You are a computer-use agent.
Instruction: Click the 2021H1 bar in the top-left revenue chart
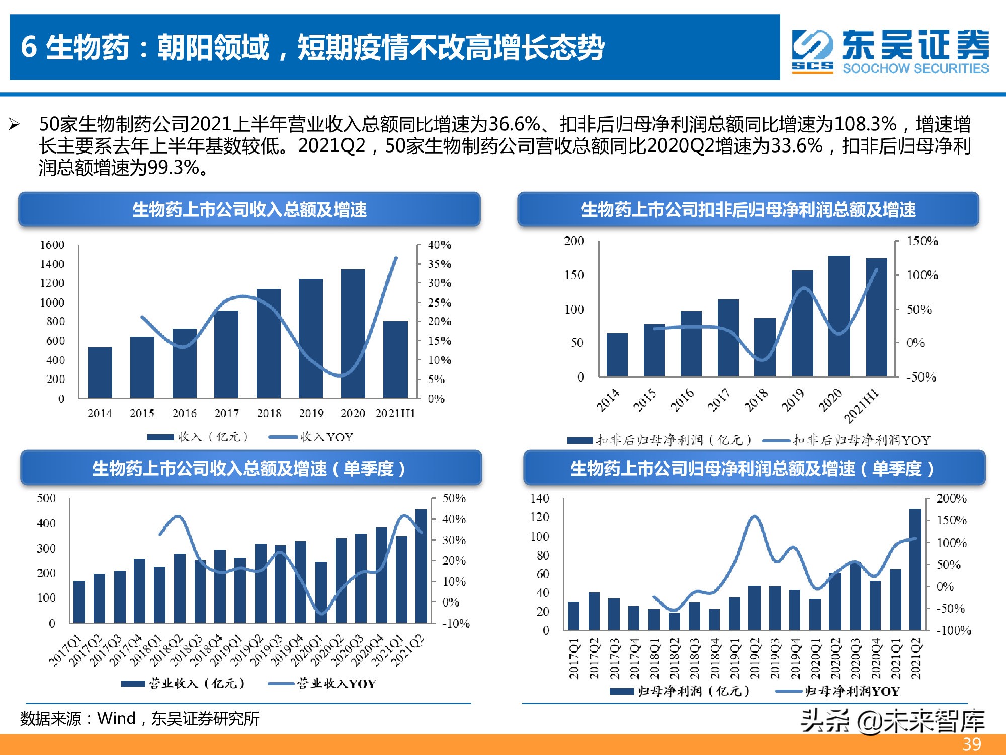point(395,359)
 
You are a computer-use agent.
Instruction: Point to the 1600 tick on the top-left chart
point(52,245)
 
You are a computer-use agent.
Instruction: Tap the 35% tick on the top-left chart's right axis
point(439,264)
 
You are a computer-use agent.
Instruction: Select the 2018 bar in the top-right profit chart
point(765,347)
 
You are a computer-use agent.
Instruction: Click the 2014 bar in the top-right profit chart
point(617,355)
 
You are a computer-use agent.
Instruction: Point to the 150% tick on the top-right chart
point(922,241)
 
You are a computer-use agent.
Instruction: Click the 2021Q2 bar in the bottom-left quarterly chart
point(421,566)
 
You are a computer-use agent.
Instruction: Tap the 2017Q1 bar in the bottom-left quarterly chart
point(79,602)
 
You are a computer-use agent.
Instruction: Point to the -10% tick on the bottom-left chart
point(456,624)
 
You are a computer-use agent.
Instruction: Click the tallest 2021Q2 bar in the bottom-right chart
point(915,569)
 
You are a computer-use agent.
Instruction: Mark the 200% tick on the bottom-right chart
point(951,499)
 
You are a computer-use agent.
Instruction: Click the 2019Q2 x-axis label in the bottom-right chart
point(754,658)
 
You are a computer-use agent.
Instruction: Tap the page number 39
point(972,744)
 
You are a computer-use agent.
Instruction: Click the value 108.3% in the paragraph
point(865,124)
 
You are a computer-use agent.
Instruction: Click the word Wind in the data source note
point(116,718)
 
